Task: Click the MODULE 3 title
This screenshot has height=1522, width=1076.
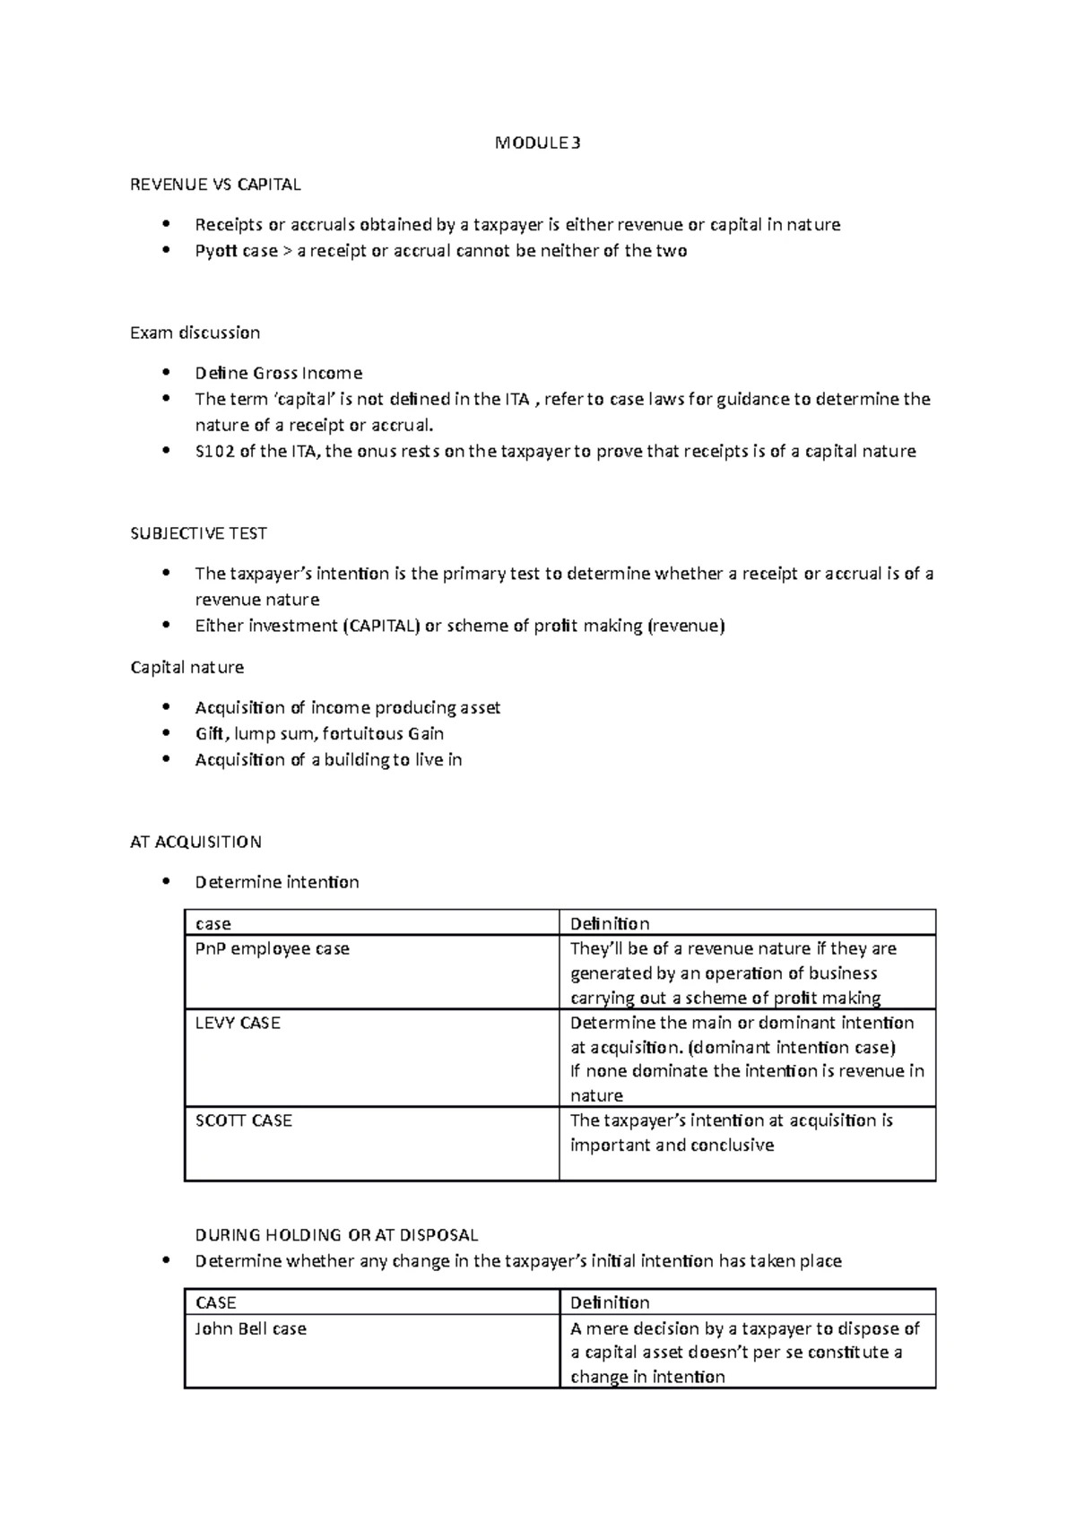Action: [x=537, y=143]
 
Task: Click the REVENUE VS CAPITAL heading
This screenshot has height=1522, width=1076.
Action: [x=215, y=185]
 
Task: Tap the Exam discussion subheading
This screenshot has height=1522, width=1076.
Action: [x=195, y=333]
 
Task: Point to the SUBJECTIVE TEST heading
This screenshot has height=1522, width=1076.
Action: [x=198, y=533]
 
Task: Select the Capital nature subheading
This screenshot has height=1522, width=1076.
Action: [x=187, y=667]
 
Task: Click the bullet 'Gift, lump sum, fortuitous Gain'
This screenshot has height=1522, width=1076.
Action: [x=319, y=733]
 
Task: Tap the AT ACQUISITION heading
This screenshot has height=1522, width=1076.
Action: [x=195, y=842]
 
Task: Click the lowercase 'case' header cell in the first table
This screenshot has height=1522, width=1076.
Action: [x=213, y=923]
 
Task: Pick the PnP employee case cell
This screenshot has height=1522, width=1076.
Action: [x=272, y=948]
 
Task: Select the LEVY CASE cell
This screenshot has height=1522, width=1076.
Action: [x=238, y=1023]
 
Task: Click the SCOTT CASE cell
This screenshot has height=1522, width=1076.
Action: [x=243, y=1120]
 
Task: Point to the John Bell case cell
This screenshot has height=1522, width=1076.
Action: [x=250, y=1328]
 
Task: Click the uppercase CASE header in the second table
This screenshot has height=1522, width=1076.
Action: [x=215, y=1302]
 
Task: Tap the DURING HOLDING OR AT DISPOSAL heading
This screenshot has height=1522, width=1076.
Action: [x=336, y=1234]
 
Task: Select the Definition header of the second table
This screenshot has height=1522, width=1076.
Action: [x=610, y=1302]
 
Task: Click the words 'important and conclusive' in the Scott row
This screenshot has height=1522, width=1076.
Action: [x=672, y=1145]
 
